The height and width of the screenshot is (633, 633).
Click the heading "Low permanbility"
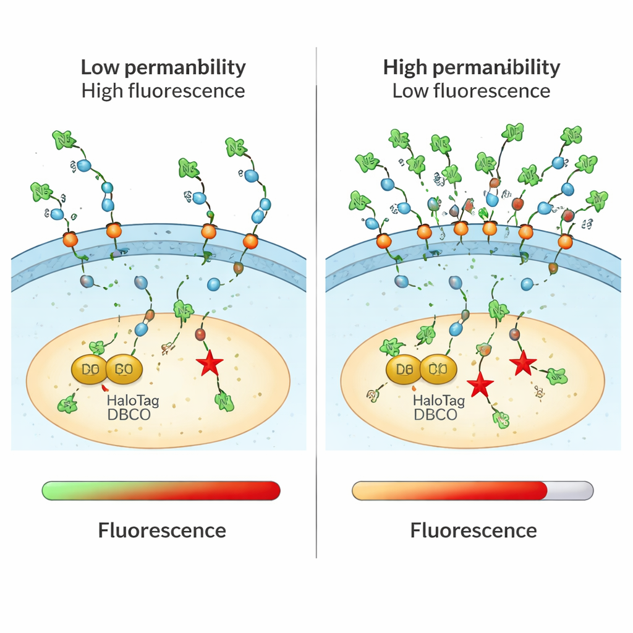coord(163,67)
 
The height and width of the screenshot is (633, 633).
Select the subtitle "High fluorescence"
coord(163,91)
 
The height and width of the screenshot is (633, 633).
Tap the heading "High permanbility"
coord(472,67)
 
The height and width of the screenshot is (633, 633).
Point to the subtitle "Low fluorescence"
coord(471,91)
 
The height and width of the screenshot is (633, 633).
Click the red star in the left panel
coord(209,364)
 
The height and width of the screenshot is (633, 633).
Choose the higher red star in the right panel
coord(523,362)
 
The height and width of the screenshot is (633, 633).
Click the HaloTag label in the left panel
coord(133,401)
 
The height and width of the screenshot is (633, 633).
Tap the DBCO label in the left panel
coord(129,415)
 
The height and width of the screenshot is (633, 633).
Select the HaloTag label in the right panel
coord(440,401)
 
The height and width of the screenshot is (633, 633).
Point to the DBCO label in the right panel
coord(435,414)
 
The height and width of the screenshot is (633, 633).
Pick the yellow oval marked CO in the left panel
coord(124,370)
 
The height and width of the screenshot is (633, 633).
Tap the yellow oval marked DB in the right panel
coord(404,370)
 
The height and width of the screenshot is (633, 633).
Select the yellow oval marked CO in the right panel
coord(438,370)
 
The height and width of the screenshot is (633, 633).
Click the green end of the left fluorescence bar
coord(52,491)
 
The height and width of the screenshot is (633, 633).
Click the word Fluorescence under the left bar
coord(162,530)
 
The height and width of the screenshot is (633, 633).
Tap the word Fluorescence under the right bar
coord(474,530)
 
